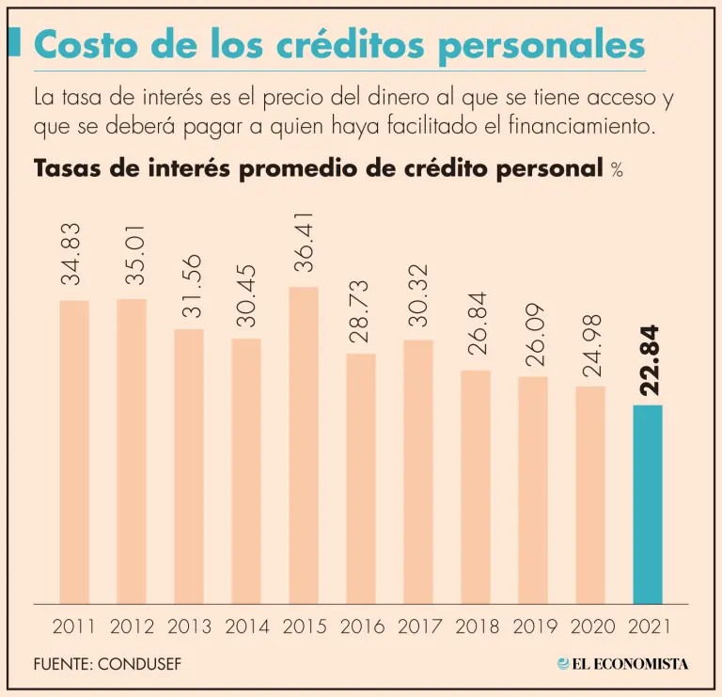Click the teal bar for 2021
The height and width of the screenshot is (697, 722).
tap(648, 504)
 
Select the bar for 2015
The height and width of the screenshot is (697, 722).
tap(303, 445)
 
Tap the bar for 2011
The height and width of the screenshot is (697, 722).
tap(74, 451)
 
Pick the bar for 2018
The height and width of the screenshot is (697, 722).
tap(475, 486)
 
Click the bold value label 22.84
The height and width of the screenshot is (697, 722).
tap(648, 361)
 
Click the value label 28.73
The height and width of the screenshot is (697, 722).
tap(361, 309)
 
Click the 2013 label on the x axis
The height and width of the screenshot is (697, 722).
tap(189, 626)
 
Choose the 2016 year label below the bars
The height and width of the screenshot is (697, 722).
tap(361, 626)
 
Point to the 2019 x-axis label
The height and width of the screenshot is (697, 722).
tap(533, 626)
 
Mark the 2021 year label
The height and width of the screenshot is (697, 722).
tap(648, 626)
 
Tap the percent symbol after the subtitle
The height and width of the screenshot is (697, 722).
tap(617, 170)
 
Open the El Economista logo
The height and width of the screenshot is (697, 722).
tap(622, 664)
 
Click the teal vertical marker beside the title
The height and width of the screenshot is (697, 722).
tap(14, 43)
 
